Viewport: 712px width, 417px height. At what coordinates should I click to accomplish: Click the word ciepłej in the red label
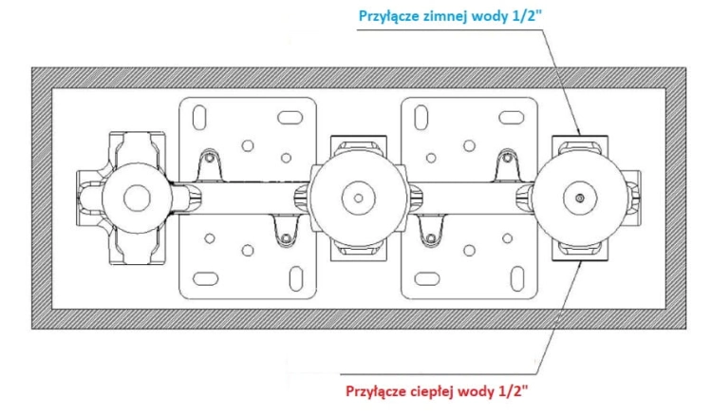point(433,391)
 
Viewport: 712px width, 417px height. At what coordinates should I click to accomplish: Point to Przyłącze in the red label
point(376,392)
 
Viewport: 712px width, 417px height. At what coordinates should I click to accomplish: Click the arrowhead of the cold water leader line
point(578,132)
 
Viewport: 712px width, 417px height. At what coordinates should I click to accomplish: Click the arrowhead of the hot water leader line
point(580,265)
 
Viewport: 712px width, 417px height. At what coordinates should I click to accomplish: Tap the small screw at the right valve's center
point(580,199)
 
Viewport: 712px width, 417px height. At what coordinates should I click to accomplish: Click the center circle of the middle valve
point(358,199)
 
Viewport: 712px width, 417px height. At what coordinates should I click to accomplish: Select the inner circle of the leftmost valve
point(137,199)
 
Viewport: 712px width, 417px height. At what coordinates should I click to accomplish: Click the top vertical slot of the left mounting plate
point(199,118)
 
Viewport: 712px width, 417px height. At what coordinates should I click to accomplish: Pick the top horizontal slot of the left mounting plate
point(290,118)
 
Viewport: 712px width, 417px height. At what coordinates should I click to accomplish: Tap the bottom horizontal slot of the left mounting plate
point(206,278)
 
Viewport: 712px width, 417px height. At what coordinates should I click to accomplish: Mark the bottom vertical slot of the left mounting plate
point(296,278)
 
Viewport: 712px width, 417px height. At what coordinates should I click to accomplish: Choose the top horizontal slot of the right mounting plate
point(512,118)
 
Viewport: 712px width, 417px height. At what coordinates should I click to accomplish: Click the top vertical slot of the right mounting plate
point(422,118)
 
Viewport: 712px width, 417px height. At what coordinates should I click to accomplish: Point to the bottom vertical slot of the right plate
point(517,278)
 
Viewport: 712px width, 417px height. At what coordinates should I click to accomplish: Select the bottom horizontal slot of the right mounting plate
point(427,278)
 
